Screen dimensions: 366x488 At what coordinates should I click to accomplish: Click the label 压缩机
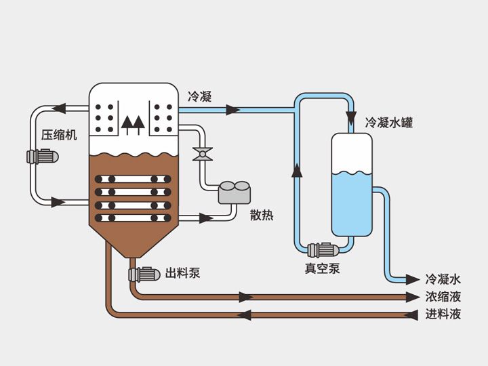(x=59, y=134)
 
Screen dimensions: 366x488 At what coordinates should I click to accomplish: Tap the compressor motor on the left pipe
(x=42, y=157)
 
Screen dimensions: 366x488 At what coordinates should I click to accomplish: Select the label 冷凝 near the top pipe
(x=200, y=97)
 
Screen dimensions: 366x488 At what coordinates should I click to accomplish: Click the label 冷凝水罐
(x=389, y=123)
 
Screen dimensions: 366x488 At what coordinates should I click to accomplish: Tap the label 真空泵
(x=322, y=268)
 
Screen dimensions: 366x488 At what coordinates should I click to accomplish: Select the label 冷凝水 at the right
(x=443, y=279)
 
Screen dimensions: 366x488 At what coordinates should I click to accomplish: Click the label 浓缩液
(x=443, y=297)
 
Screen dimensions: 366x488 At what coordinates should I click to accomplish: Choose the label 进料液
(x=443, y=314)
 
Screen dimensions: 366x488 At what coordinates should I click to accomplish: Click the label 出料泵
(x=183, y=274)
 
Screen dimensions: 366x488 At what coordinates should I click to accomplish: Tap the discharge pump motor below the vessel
(x=143, y=274)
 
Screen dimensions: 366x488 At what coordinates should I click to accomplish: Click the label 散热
(x=262, y=216)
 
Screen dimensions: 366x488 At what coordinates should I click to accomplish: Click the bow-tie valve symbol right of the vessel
(x=201, y=154)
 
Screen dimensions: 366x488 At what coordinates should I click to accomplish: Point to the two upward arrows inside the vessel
(x=133, y=123)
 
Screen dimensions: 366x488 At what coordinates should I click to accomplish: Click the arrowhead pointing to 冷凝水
(x=412, y=279)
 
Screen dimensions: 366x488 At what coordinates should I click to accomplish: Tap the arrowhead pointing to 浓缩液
(x=412, y=297)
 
